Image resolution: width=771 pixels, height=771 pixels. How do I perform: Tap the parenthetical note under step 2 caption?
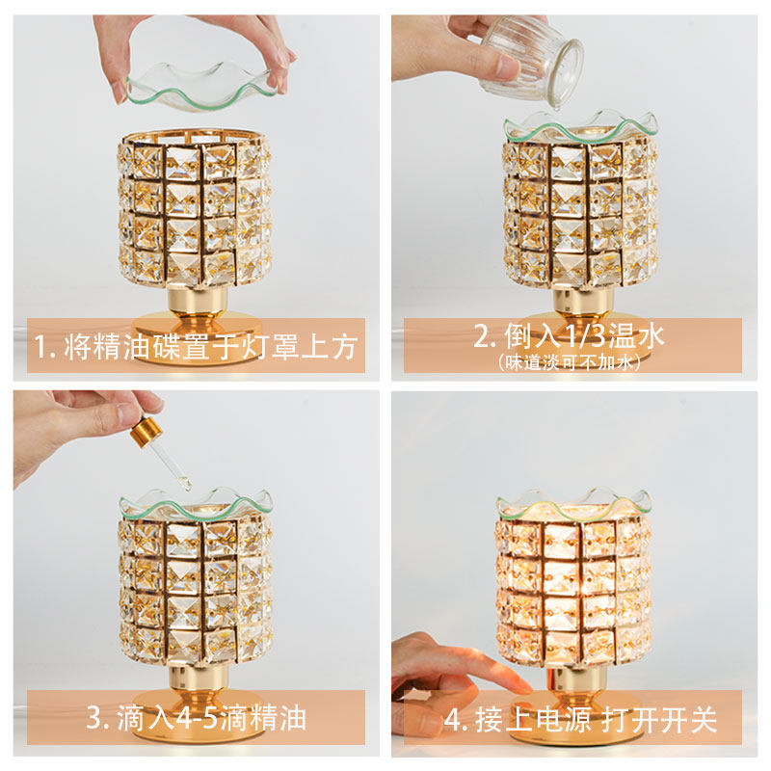click(572, 362)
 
